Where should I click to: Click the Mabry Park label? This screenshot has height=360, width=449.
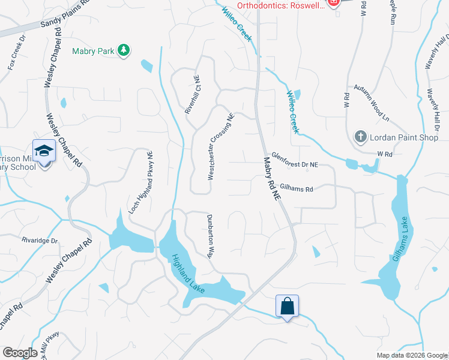pos(93,51)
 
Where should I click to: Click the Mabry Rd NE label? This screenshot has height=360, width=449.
pos(271,178)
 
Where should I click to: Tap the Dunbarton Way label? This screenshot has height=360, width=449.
pos(210,235)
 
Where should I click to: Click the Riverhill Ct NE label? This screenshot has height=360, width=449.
pos(191,95)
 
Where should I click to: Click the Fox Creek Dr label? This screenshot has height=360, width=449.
pos(17,52)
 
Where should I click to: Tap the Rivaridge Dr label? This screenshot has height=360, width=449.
pos(40,241)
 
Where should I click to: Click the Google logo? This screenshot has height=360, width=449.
pos(20,353)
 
